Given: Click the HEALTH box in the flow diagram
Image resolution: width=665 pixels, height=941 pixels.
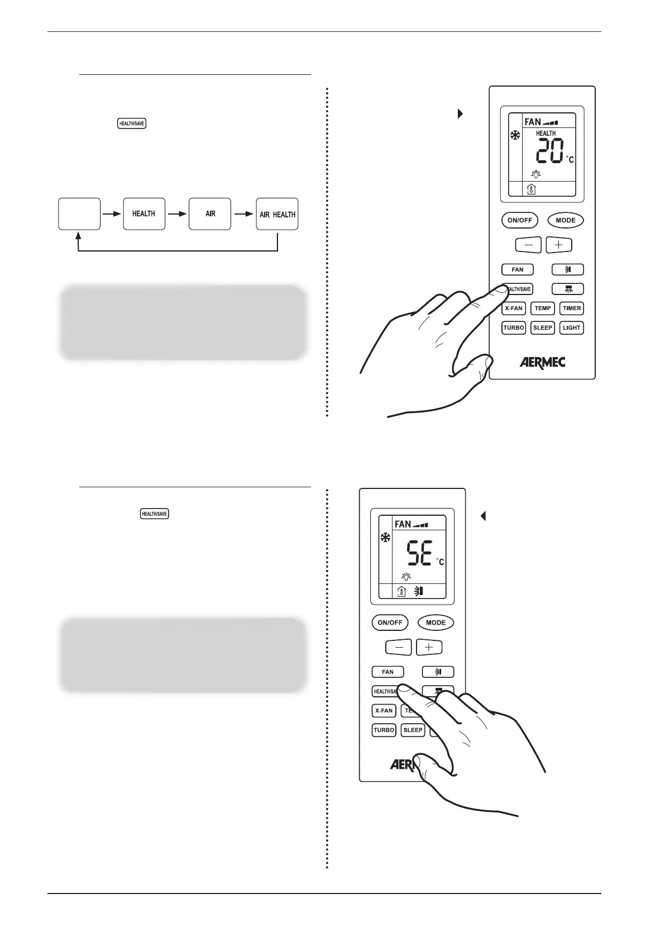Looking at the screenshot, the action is tap(144, 214).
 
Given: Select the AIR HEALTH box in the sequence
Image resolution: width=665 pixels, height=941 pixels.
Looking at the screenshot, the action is tap(277, 214).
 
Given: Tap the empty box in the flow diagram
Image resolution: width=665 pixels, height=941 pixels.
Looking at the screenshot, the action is tap(79, 214).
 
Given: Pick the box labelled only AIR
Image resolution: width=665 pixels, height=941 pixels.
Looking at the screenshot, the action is tap(210, 214).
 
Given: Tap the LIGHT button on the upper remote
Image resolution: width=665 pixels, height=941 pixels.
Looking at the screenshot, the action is tap(571, 327).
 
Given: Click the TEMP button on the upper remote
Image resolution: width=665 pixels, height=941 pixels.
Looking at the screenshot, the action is tap(542, 308).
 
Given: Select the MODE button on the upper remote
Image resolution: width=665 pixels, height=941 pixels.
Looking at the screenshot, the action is tap(565, 220).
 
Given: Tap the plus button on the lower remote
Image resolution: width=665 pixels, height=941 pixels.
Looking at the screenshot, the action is tap(429, 647).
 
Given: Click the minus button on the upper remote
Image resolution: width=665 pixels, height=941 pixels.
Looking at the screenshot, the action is tap(528, 245).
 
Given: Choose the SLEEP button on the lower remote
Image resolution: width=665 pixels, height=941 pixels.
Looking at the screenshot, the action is tap(413, 730).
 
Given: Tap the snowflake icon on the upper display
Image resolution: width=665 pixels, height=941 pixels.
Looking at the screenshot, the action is tap(515, 136).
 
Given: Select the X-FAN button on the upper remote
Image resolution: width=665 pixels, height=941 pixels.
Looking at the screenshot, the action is tap(513, 308).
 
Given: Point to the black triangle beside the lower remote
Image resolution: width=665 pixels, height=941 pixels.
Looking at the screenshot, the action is tap(484, 516).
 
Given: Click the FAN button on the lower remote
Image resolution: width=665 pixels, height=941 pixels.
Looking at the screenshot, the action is tap(387, 672).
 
